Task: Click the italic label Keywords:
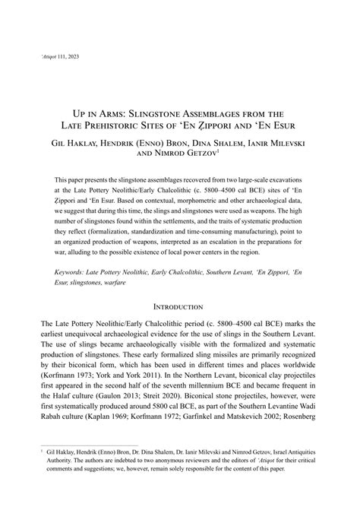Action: click(x=77, y=270)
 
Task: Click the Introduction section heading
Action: click(x=179, y=306)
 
